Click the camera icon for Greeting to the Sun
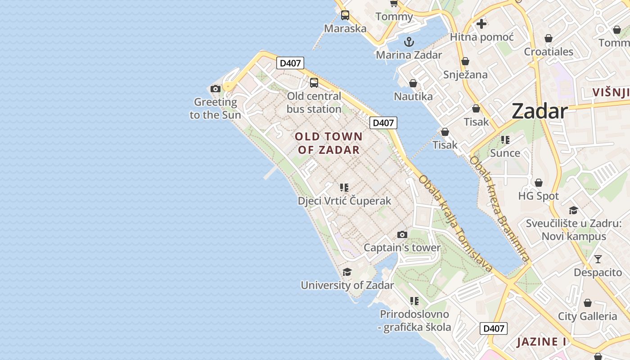pyautogui.click(x=216, y=89)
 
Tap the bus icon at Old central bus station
pyautogui.click(x=314, y=83)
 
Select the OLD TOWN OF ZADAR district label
pyautogui.click(x=328, y=143)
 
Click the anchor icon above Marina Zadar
pyautogui.click(x=409, y=42)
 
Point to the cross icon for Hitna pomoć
pyautogui.click(x=481, y=24)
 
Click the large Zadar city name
pyautogui.click(x=540, y=111)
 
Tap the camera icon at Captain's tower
pyautogui.click(x=402, y=234)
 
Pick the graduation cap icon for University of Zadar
pyautogui.click(x=347, y=272)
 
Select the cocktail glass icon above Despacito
pyautogui.click(x=598, y=259)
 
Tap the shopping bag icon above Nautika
pyautogui.click(x=413, y=83)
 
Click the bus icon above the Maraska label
pyautogui.click(x=345, y=15)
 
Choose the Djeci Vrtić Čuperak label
pyautogui.click(x=344, y=201)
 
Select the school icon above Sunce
pyautogui.click(x=505, y=140)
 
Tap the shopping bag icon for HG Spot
pyautogui.click(x=538, y=183)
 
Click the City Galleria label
pyautogui.click(x=587, y=316)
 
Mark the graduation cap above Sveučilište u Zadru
pyautogui.click(x=573, y=210)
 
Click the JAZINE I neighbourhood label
pyautogui.click(x=541, y=342)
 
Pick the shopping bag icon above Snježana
pyautogui.click(x=465, y=61)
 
